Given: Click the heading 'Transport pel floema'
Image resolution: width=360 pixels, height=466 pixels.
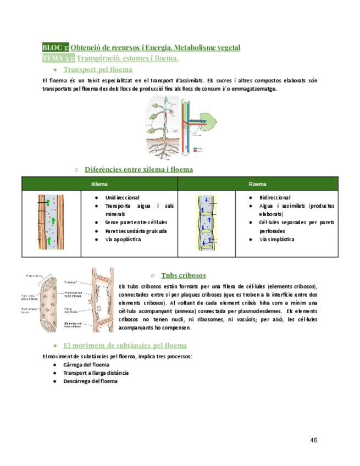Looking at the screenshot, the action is pyautogui.click(x=98, y=70).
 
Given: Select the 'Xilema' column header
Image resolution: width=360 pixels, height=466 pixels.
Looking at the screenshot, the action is pyautogui.click(x=99, y=184).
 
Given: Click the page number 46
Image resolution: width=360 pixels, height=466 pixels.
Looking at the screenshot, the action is pyautogui.click(x=314, y=440).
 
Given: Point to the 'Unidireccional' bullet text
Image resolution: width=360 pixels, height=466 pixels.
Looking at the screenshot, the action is pyautogui.click(x=122, y=197).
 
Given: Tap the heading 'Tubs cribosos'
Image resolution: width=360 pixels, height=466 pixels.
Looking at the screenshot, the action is pyautogui.click(x=184, y=275).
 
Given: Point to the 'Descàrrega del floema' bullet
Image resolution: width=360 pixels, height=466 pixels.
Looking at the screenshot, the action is pyautogui.click(x=90, y=381).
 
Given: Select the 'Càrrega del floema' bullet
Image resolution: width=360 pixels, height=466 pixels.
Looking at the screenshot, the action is pyautogui.click(x=86, y=364).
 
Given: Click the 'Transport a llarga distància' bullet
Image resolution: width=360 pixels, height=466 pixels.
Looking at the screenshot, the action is pyautogui.click(x=96, y=373).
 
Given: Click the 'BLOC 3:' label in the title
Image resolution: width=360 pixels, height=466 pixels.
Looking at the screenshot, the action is pyautogui.click(x=56, y=48).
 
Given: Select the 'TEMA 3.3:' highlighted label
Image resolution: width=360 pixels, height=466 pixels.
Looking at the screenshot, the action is pyautogui.click(x=59, y=58).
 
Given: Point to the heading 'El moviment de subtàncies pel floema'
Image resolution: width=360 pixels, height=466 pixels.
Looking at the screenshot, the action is pyautogui.click(x=125, y=345).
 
